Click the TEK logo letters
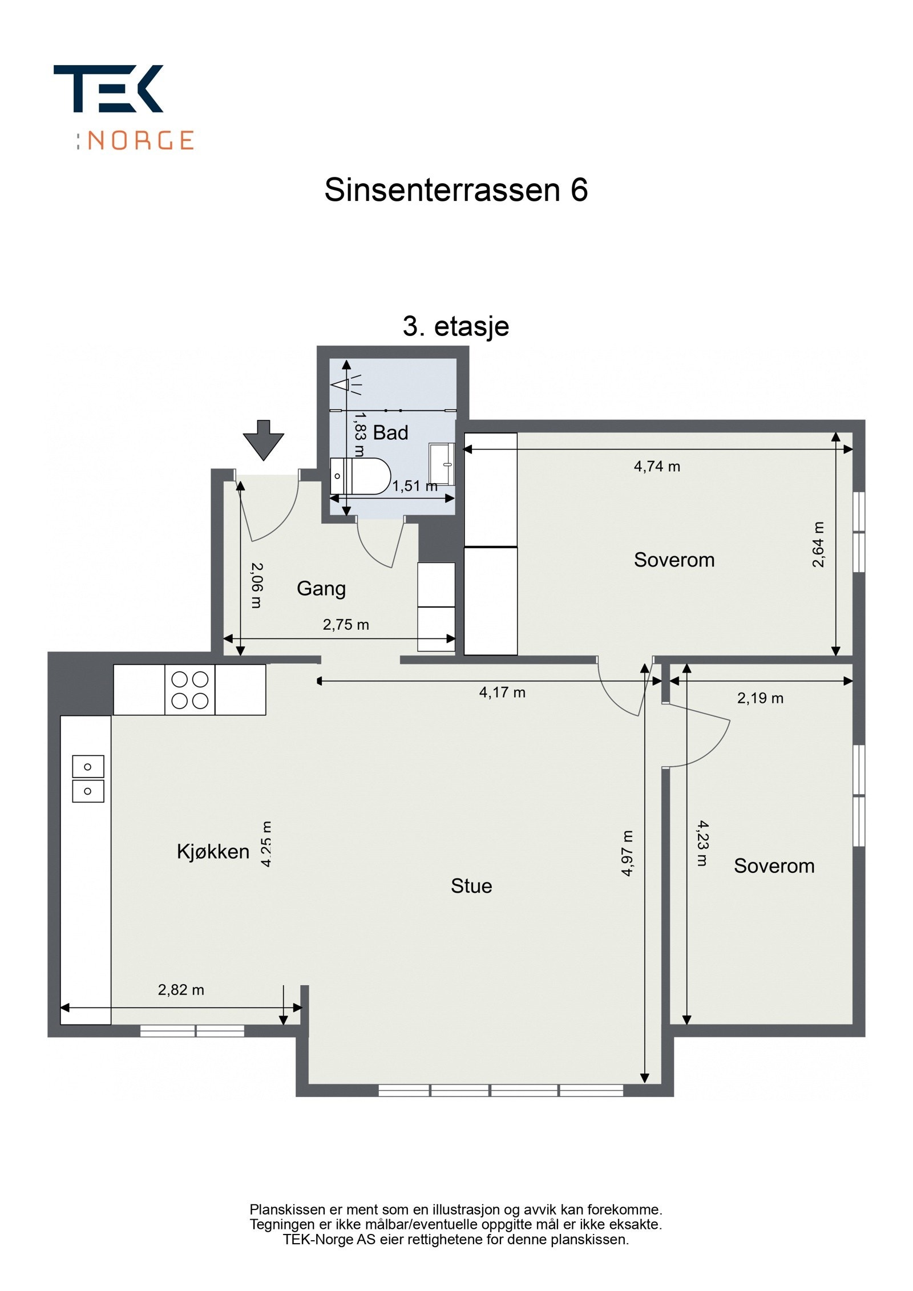[x=108, y=88]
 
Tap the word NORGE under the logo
[x=140, y=140]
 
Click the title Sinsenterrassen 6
[x=455, y=189]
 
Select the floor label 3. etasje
[x=455, y=326]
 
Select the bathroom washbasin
[x=442, y=463]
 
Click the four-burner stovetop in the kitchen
[x=189, y=689]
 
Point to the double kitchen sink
[x=88, y=779]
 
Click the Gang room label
[x=321, y=588]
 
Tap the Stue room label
[x=471, y=885]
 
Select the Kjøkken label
[x=213, y=852]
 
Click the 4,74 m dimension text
[x=657, y=466]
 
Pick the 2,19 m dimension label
[x=760, y=698]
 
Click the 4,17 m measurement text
[x=502, y=692]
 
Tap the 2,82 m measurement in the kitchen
[x=181, y=989]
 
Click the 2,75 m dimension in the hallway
[x=346, y=624]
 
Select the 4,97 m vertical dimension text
[x=627, y=853]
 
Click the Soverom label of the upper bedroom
[x=674, y=560]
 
